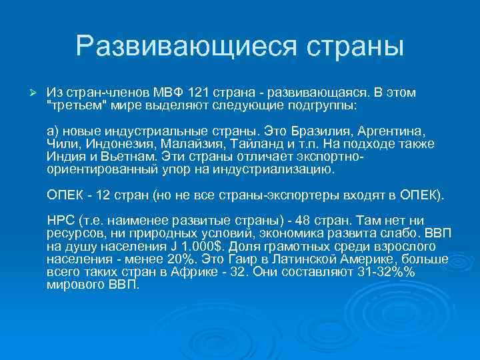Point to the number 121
(x=202, y=92)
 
